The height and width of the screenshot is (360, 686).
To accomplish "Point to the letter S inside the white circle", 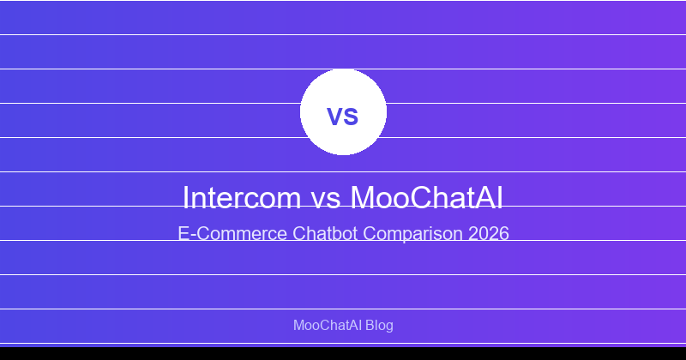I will pyautogui.click(x=352, y=117).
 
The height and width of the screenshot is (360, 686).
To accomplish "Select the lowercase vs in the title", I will pyautogui.click(x=328, y=199).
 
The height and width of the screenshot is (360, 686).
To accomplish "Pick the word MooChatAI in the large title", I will pyautogui.click(x=427, y=197).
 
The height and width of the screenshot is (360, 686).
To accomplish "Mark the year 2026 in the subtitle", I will pyautogui.click(x=489, y=233).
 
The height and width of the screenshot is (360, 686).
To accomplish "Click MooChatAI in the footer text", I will pyautogui.click(x=327, y=326).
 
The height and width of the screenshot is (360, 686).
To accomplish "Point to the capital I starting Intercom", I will pyautogui.click(x=186, y=197).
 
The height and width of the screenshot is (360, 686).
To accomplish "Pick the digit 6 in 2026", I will pyautogui.click(x=504, y=233).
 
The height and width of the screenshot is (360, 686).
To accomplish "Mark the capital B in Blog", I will pyautogui.click(x=370, y=326).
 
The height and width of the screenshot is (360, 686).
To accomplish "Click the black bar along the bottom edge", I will pyautogui.click(x=343, y=353).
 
